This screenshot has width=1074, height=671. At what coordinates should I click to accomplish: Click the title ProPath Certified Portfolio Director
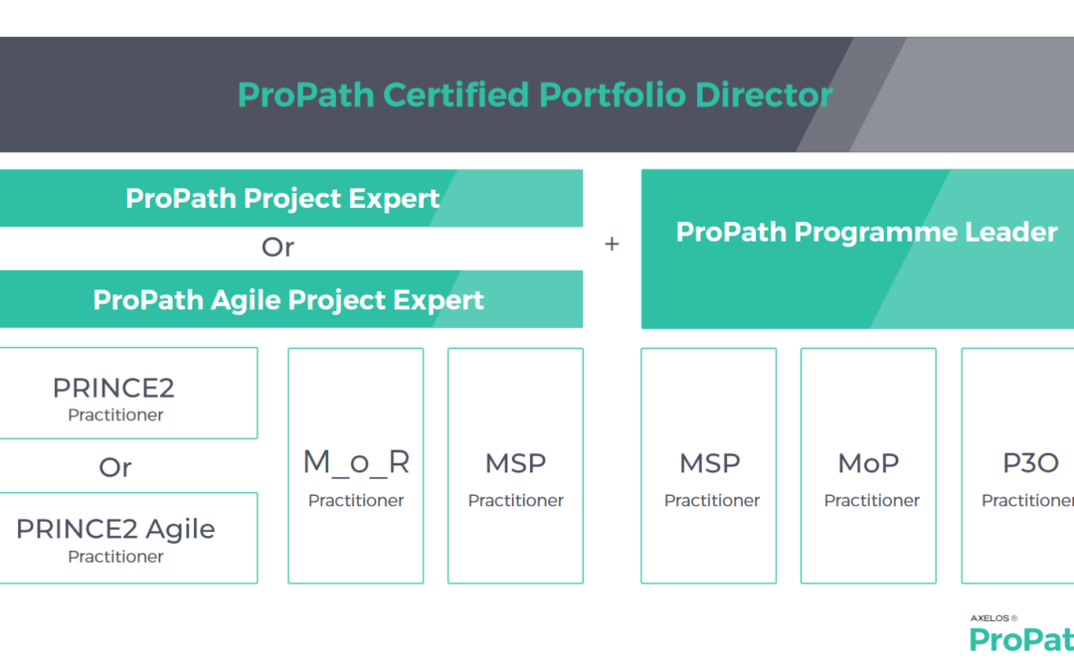click(535, 94)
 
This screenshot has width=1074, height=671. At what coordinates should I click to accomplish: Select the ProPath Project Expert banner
click(291, 198)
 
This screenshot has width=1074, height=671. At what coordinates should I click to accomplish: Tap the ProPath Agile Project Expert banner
click(291, 299)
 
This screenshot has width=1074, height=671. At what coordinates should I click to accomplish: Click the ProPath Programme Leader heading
click(866, 232)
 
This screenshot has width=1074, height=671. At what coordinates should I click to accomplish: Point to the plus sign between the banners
click(612, 244)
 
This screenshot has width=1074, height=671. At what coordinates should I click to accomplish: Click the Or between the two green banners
click(277, 248)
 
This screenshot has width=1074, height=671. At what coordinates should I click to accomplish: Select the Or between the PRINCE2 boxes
click(115, 467)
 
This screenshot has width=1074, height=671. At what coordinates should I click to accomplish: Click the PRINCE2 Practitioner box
click(128, 393)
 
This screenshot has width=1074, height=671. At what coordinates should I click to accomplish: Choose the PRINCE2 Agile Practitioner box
click(128, 538)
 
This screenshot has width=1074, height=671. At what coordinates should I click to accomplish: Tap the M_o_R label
click(356, 462)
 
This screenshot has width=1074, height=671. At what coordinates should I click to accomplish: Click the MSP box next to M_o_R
click(516, 465)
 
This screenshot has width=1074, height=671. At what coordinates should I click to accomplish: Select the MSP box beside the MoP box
click(709, 465)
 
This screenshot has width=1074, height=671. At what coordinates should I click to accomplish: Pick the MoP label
click(868, 463)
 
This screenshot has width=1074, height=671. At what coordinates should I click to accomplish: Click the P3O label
click(1030, 463)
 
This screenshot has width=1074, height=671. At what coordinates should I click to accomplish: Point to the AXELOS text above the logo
click(989, 618)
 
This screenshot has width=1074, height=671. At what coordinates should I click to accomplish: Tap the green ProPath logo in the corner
click(1021, 639)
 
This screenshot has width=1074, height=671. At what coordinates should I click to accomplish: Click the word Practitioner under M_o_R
click(356, 500)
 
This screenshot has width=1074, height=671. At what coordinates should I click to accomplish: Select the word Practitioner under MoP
click(872, 500)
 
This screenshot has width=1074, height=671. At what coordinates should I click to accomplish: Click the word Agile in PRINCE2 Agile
click(180, 530)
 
